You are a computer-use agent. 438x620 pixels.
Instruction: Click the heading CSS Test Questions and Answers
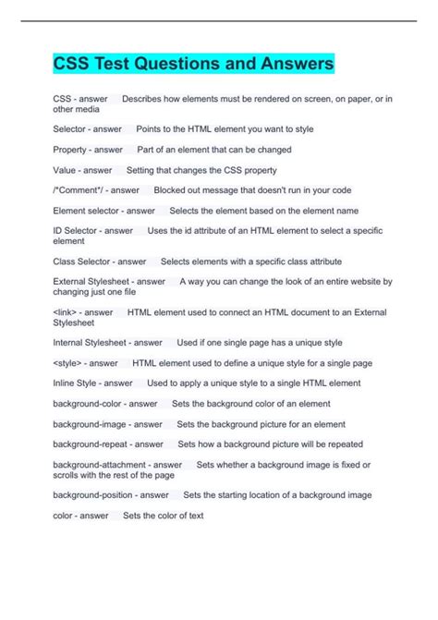point(193,65)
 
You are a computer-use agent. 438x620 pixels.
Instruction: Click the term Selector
point(70,128)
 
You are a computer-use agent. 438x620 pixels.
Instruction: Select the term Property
point(71,149)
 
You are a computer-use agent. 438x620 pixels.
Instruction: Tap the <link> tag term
point(64,312)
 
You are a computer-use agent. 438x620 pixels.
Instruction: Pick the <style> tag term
point(66,362)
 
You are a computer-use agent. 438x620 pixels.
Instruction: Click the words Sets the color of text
point(163,516)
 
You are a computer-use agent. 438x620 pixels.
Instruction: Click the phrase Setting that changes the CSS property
point(201,170)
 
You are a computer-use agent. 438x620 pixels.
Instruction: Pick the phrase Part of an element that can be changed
point(213,149)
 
